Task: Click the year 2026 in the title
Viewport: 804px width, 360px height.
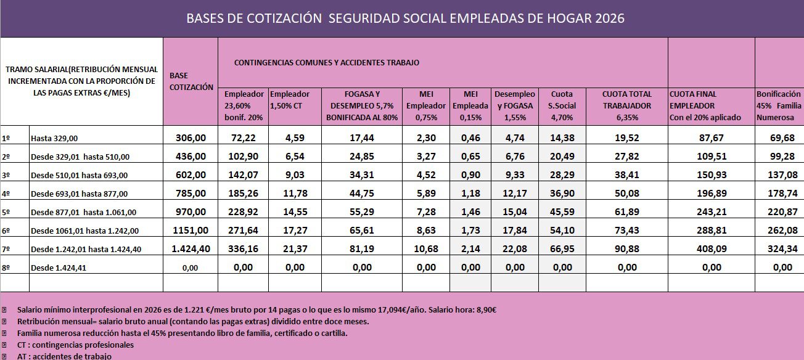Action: pyautogui.click(x=609, y=18)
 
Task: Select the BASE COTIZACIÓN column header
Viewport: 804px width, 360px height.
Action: pyautogui.click(x=191, y=81)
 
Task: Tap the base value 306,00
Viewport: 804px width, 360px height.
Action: pyautogui.click(x=191, y=138)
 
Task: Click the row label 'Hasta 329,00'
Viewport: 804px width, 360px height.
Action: pyautogui.click(x=54, y=138)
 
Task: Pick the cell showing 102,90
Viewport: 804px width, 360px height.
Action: pyautogui.click(x=243, y=157)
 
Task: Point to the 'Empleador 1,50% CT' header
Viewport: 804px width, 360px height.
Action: pyautogui.click(x=290, y=100)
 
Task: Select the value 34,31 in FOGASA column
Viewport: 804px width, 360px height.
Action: pyautogui.click(x=362, y=175)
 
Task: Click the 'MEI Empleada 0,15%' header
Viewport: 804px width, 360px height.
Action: pyautogui.click(x=470, y=106)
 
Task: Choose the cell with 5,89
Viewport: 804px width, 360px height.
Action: pyautogui.click(x=426, y=194)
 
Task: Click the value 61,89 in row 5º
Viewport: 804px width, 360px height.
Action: pyautogui.click(x=626, y=212)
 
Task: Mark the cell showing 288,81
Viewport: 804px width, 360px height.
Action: pyautogui.click(x=712, y=231)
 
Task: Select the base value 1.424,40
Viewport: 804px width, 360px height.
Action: pyautogui.click(x=191, y=249)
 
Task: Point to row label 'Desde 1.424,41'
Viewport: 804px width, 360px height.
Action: pyautogui.click(x=59, y=268)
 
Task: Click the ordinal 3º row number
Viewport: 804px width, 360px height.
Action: pyautogui.click(x=6, y=176)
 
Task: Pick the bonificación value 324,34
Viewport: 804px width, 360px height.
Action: pyautogui.click(x=782, y=249)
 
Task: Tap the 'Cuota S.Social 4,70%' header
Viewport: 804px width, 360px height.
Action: pyautogui.click(x=562, y=106)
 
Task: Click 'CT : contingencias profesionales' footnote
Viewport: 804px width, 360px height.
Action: pyautogui.click(x=75, y=345)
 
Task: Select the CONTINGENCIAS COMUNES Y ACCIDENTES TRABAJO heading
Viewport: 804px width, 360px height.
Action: pyautogui.click(x=327, y=63)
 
